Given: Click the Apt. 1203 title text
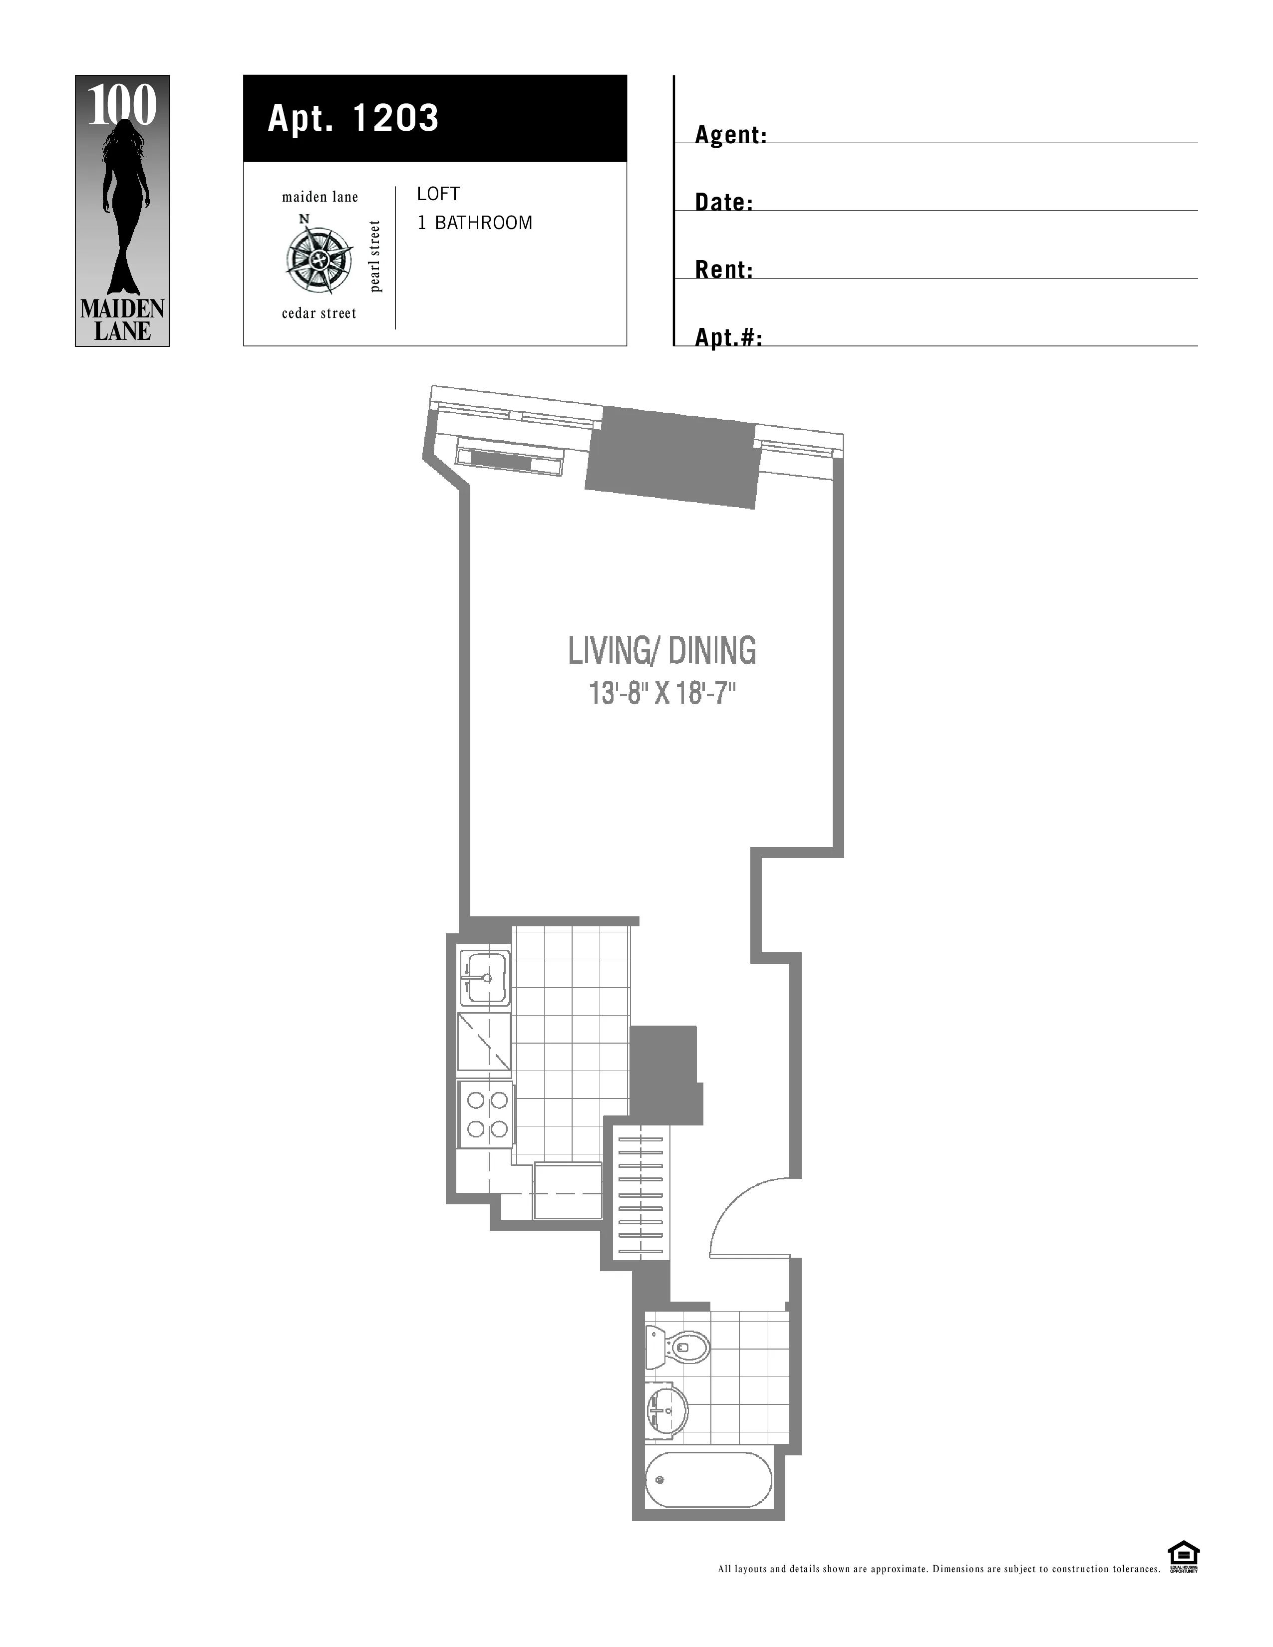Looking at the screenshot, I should click(x=353, y=118).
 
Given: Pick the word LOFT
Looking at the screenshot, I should click(x=438, y=194).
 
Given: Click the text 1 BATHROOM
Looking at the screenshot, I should click(x=474, y=223).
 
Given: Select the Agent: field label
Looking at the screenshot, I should click(x=730, y=135).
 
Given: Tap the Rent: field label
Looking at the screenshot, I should click(x=724, y=270).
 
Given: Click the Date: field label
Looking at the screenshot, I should click(x=724, y=202).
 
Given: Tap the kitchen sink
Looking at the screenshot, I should click(x=485, y=978).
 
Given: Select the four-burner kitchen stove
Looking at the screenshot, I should click(x=486, y=1114).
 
